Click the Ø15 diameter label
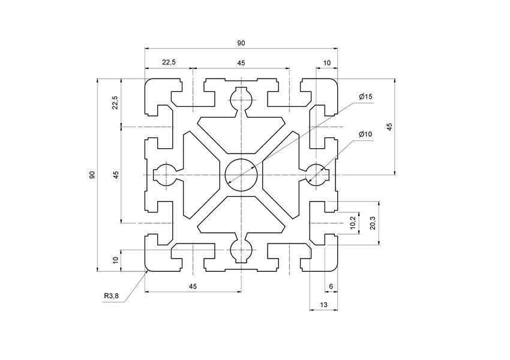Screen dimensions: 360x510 [365, 97]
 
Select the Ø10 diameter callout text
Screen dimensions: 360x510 [365, 134]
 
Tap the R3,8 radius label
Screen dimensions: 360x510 [112, 296]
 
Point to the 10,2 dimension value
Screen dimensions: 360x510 [352, 222]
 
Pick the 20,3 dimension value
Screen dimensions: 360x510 [373, 222]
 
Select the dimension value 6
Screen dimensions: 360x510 [331, 286]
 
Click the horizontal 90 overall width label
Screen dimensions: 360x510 [241, 43]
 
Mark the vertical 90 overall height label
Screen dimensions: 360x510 [92, 175]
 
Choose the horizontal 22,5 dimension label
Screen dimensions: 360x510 [168, 62]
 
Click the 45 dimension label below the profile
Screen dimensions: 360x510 [193, 286]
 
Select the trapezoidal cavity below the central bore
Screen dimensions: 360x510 [241, 216]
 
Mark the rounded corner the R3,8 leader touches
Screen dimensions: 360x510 [148, 269]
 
